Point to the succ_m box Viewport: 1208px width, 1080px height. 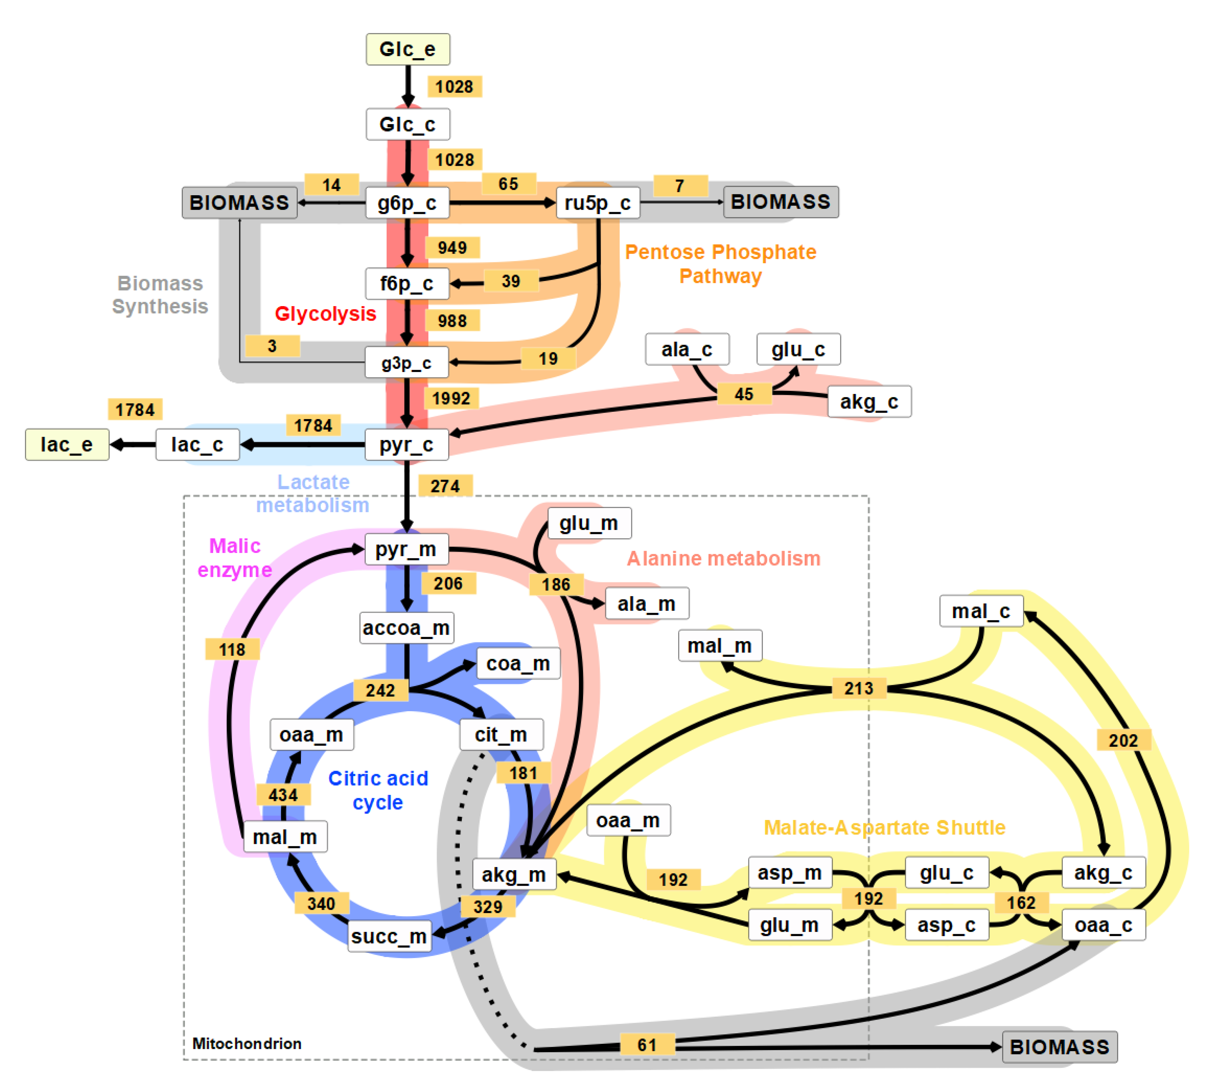(x=389, y=936)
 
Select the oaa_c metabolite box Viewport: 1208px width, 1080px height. (x=1103, y=925)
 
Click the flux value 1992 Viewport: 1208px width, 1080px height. (x=451, y=398)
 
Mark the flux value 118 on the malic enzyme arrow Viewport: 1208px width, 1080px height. (x=232, y=649)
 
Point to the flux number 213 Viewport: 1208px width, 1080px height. (x=859, y=688)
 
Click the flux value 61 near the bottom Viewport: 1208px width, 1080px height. (x=647, y=1045)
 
